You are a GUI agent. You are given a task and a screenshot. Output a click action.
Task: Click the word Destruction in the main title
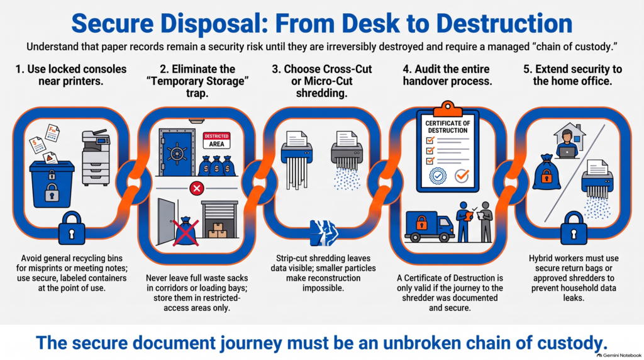[504, 23]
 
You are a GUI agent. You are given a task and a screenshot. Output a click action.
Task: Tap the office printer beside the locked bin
[96, 158]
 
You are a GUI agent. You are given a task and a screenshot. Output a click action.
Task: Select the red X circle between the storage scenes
[197, 189]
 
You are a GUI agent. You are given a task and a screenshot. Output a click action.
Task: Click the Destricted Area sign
[216, 140]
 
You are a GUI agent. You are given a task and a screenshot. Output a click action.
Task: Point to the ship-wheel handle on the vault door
[177, 154]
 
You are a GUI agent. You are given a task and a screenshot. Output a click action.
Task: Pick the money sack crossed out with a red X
[186, 232]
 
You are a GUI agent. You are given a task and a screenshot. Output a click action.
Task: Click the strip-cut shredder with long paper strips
[297, 160]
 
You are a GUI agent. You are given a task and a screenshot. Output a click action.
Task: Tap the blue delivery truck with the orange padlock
[430, 226]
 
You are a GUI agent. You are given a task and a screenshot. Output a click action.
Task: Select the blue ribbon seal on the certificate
[438, 176]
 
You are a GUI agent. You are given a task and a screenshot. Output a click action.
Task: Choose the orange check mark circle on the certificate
[462, 176]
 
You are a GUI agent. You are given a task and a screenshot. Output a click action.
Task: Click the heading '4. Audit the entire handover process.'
[447, 75]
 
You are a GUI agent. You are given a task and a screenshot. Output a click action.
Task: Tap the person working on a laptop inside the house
[568, 144]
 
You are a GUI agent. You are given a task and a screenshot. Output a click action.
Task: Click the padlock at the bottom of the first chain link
[72, 228]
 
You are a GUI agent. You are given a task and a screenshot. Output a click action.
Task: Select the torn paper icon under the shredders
[324, 233]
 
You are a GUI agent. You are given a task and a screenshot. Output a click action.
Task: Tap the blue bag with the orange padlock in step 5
[547, 172]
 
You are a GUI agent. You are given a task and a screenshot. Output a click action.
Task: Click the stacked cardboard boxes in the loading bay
[218, 230]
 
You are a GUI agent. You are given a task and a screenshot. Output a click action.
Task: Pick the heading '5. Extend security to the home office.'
[572, 75]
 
